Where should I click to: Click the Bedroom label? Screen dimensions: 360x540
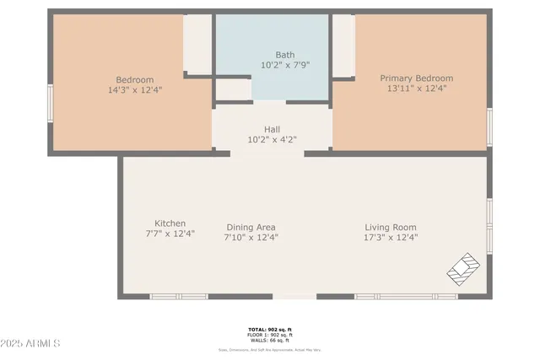click(135, 80)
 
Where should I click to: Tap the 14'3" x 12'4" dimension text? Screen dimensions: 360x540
click(135, 89)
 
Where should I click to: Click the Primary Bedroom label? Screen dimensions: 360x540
click(417, 78)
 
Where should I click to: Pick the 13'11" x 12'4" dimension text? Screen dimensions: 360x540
click(417, 89)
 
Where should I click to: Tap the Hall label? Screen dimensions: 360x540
click(272, 129)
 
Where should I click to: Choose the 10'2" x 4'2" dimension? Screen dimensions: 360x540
click(272, 139)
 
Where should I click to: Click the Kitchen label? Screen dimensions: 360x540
click(170, 223)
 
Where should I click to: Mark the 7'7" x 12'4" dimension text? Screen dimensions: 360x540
click(170, 234)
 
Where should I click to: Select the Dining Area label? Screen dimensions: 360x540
click(251, 227)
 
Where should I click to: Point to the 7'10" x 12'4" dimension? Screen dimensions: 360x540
click(251, 237)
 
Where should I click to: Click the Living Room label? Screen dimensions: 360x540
click(391, 227)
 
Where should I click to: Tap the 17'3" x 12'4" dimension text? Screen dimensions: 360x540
click(391, 237)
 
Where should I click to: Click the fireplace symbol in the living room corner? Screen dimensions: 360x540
click(462, 269)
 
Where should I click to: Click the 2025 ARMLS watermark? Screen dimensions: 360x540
click(31, 344)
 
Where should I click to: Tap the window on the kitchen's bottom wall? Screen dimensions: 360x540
click(179, 296)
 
